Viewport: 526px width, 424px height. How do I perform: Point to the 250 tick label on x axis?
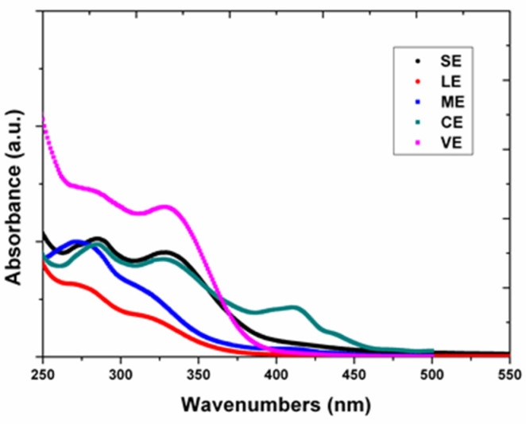[x=43, y=373]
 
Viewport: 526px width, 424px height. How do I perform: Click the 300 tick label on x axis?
[x=121, y=373]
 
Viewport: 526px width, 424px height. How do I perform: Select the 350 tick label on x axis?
[x=199, y=373]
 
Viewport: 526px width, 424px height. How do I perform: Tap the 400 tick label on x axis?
[x=276, y=373]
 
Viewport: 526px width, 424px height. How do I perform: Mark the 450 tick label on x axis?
[x=354, y=373]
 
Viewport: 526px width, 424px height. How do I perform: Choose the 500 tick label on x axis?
[x=431, y=373]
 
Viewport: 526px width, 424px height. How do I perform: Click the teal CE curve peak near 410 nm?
[x=295, y=307]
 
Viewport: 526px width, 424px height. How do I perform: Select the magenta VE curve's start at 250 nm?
[x=43, y=119]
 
